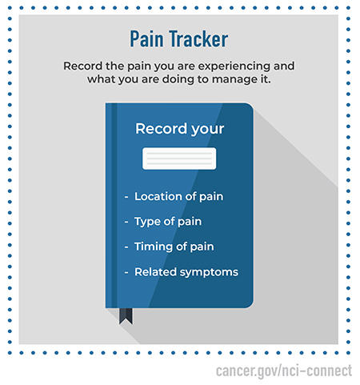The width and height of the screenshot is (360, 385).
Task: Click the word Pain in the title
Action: (x=147, y=39)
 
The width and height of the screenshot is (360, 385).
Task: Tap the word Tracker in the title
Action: (x=198, y=39)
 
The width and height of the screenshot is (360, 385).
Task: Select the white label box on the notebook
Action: (x=179, y=158)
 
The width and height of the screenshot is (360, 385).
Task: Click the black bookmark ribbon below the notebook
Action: (x=126, y=315)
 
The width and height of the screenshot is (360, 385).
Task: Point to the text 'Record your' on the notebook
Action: (x=179, y=128)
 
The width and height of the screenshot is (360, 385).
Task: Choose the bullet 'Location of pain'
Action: (x=178, y=196)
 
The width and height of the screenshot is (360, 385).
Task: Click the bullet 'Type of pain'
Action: (x=168, y=222)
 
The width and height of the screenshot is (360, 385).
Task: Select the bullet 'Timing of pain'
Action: (x=174, y=247)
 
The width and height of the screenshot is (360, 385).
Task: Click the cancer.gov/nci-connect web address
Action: (x=284, y=370)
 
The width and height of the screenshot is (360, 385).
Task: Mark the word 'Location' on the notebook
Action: (x=158, y=196)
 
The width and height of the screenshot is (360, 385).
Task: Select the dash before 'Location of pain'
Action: (x=126, y=197)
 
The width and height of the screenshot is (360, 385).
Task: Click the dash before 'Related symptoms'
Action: (x=126, y=273)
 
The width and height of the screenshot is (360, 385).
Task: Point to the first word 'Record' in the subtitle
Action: (x=83, y=66)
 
